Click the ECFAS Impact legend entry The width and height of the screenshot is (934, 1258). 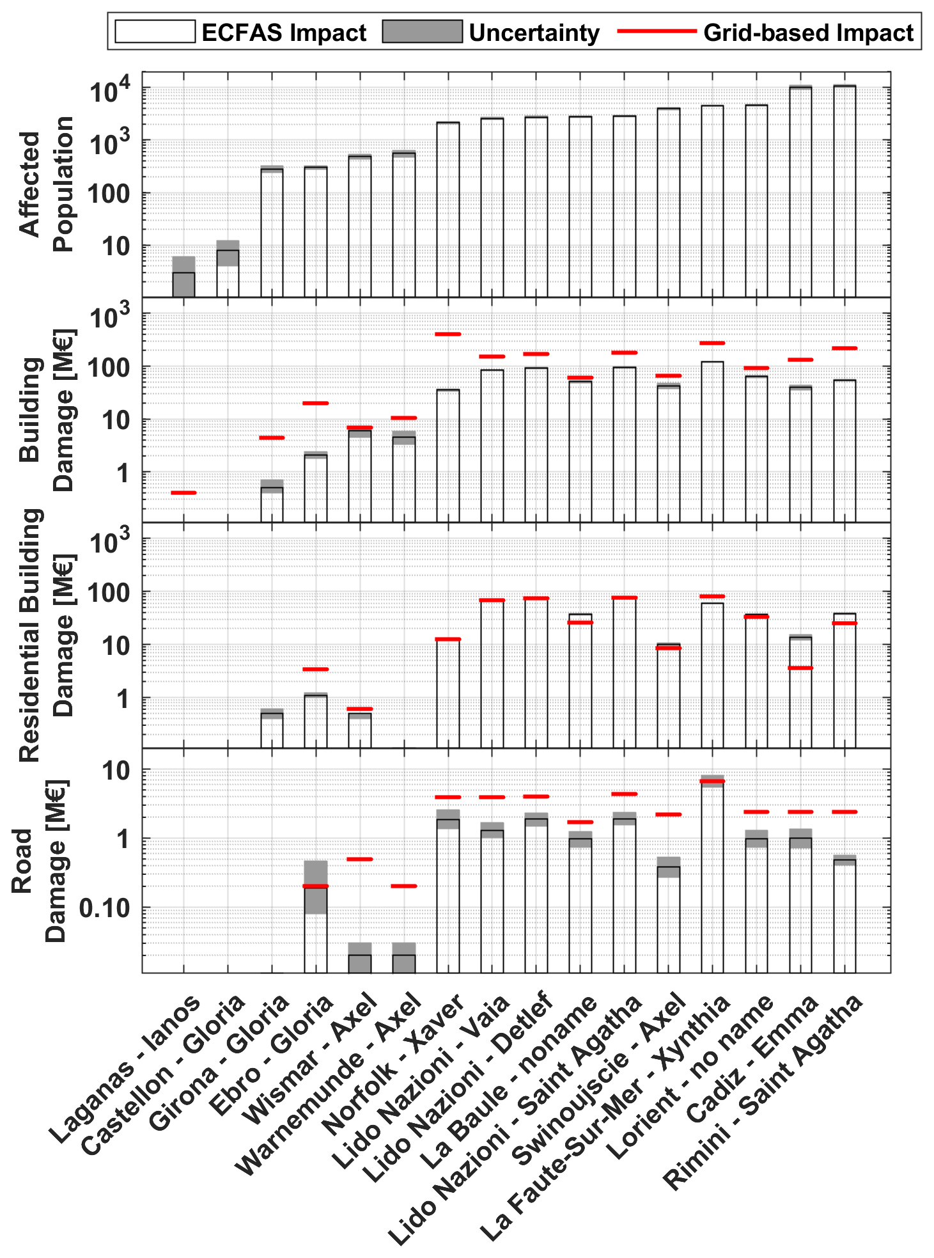240,31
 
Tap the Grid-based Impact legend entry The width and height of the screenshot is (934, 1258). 766,31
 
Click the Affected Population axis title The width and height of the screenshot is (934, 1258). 46,184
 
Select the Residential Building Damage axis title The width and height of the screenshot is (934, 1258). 46,635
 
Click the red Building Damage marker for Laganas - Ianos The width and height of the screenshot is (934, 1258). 183,492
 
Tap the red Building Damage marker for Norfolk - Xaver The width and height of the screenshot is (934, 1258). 448,334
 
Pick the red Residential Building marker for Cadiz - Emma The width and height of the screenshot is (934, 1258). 800,668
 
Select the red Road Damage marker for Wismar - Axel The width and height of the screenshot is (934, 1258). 360,859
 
